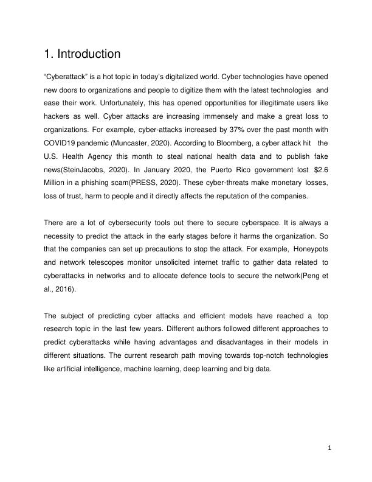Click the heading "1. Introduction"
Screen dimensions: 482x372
[82, 54]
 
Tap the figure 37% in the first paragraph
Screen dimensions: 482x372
[204, 138]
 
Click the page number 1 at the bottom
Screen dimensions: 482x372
[329, 449]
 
